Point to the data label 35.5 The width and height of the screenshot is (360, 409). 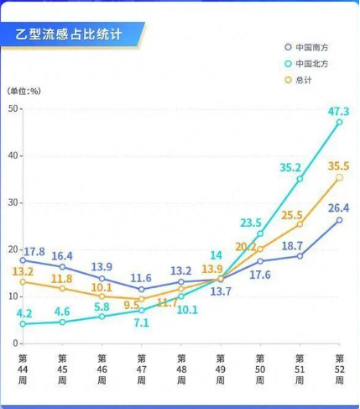(x=338, y=165)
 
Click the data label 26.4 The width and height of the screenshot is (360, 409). (x=338, y=207)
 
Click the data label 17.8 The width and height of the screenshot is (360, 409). (x=34, y=251)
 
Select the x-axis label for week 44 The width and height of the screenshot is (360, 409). (x=23, y=369)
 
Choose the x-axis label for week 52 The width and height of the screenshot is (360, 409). (x=339, y=369)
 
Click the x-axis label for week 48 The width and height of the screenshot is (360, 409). (x=180, y=369)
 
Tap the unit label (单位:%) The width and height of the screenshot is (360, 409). (x=24, y=90)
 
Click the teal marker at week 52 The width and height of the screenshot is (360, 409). (x=339, y=122)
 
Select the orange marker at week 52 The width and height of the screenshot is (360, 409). (x=339, y=177)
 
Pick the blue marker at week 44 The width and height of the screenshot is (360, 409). (x=23, y=260)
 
